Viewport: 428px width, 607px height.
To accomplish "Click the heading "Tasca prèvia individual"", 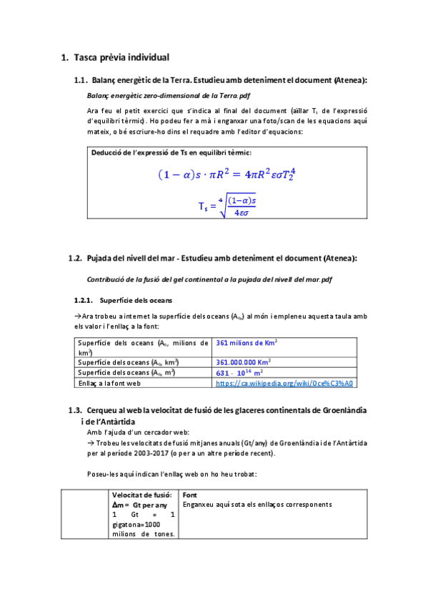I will pyautogui.click(x=121, y=57).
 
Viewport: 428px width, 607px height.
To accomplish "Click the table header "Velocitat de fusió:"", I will pyautogui.click(x=142, y=495).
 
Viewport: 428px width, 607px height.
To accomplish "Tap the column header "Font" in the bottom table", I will pyautogui.click(x=190, y=495).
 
